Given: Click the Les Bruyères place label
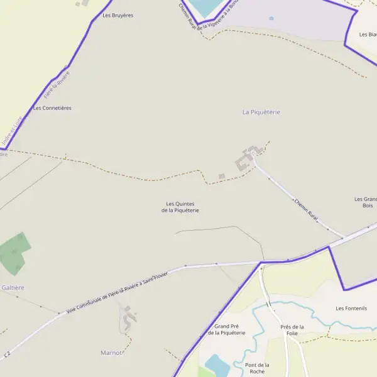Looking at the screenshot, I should [x=117, y=15].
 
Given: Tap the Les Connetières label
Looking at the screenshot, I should [x=52, y=108].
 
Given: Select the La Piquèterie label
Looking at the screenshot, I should [x=261, y=112].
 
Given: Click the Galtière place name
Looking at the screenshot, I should [x=13, y=287].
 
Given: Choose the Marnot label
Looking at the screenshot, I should [x=111, y=352].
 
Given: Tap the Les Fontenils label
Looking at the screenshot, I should [x=351, y=308].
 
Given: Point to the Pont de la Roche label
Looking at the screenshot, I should [x=257, y=368].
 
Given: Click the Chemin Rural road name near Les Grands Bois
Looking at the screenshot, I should [x=307, y=210].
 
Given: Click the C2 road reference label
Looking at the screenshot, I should [x=6, y=356].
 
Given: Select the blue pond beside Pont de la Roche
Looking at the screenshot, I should [x=217, y=365].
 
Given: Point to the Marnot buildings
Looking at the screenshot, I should [x=129, y=317].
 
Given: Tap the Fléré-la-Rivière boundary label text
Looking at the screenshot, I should [x=57, y=85].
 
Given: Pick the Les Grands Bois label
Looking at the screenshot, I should [x=368, y=202].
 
